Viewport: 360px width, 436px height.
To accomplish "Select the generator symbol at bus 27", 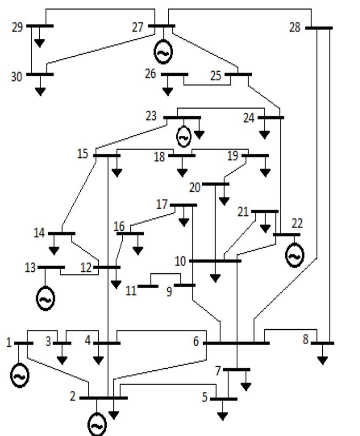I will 163,52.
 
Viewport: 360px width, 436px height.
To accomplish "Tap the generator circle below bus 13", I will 45,299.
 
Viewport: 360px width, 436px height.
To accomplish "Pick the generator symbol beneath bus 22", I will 294,256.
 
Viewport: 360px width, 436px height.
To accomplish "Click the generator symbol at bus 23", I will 184,137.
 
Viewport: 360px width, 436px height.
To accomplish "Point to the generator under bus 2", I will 96,425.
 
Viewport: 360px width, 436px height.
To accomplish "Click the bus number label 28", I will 295,28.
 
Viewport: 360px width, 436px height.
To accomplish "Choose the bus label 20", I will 195,188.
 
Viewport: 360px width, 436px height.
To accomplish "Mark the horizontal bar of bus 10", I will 215,261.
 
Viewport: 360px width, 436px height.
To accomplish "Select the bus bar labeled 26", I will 174,75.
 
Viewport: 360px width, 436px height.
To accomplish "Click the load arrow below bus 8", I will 322,360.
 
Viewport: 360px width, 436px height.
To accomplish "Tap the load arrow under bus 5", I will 223,416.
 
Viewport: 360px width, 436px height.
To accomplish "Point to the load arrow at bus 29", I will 40,42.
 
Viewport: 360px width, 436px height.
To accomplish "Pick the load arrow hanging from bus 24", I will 264,135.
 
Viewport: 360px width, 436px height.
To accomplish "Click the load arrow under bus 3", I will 62,360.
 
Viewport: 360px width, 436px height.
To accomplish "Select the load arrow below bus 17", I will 184,221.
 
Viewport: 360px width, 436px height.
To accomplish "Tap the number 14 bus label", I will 39,233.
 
